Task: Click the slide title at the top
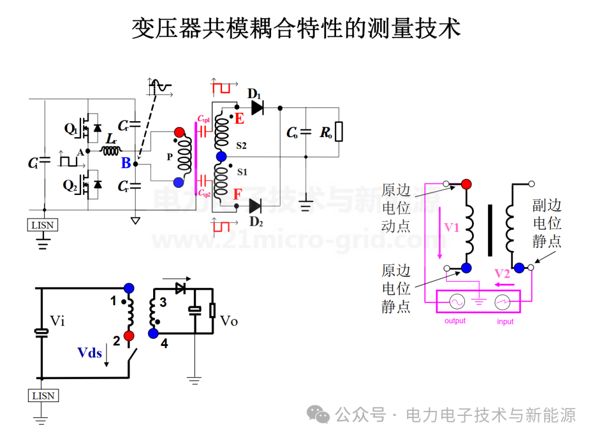click(296, 28)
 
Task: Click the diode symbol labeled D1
click(257, 108)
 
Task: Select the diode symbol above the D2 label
click(255, 206)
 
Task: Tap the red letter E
click(239, 118)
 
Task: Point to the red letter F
click(237, 194)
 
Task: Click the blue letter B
click(126, 162)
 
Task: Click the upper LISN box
click(42, 225)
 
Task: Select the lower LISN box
click(43, 395)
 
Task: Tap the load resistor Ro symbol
click(338, 132)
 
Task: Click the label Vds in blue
click(89, 353)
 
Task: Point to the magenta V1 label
click(452, 227)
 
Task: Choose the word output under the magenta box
click(455, 321)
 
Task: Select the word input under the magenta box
click(505, 321)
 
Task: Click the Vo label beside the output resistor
click(229, 321)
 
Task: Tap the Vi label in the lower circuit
click(57, 321)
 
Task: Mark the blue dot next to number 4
click(153, 333)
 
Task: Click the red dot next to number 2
click(129, 336)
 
